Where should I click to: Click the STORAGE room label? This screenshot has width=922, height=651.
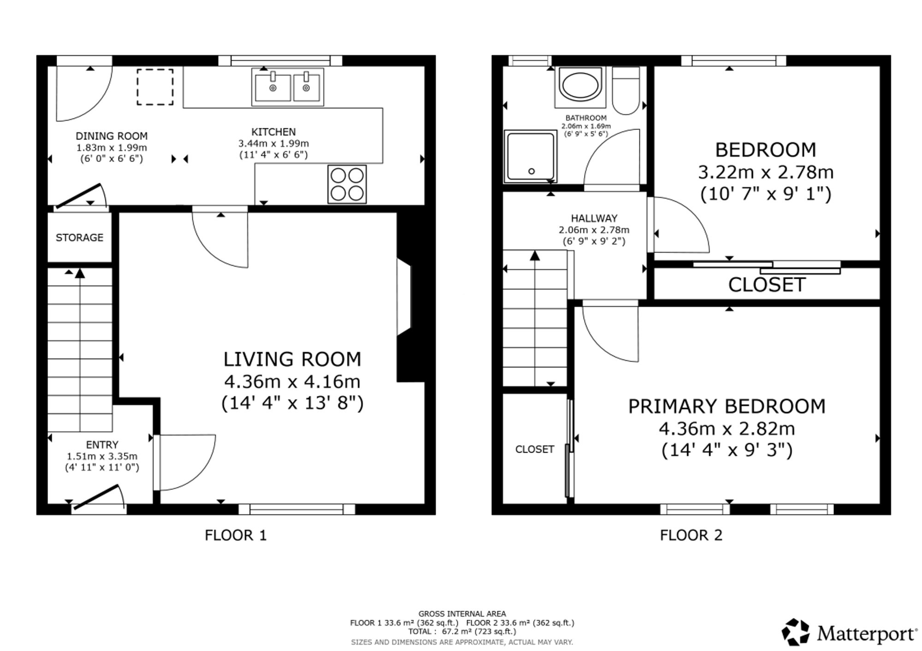[x=79, y=238]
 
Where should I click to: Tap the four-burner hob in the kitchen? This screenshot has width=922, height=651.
[x=347, y=184]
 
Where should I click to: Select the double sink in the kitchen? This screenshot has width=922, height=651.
[x=288, y=87]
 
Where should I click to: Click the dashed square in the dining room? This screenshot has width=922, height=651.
[x=155, y=87]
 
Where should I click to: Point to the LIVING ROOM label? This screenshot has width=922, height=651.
[x=292, y=359]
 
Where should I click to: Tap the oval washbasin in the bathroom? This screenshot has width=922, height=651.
[x=580, y=85]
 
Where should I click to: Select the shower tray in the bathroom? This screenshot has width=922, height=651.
[x=531, y=156]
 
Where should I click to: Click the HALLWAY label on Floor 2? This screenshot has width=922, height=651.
[x=594, y=218]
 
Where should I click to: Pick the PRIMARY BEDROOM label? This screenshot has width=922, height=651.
[x=727, y=406]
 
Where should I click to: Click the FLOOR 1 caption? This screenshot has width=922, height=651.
[x=236, y=535]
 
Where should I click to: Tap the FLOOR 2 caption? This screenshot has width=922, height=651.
[x=691, y=535]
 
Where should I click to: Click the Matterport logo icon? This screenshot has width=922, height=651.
[x=795, y=632]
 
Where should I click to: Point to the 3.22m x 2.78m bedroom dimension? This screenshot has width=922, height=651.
[x=766, y=172]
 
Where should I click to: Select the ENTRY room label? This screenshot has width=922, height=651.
[x=102, y=445]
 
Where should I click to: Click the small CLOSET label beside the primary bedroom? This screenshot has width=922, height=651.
[x=535, y=449]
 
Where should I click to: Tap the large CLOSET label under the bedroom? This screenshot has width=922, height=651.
[x=767, y=285]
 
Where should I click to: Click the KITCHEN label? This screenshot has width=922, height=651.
[x=273, y=132]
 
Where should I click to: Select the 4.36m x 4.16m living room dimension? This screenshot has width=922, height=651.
[x=292, y=381]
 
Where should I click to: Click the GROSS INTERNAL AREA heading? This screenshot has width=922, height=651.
[x=462, y=614]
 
